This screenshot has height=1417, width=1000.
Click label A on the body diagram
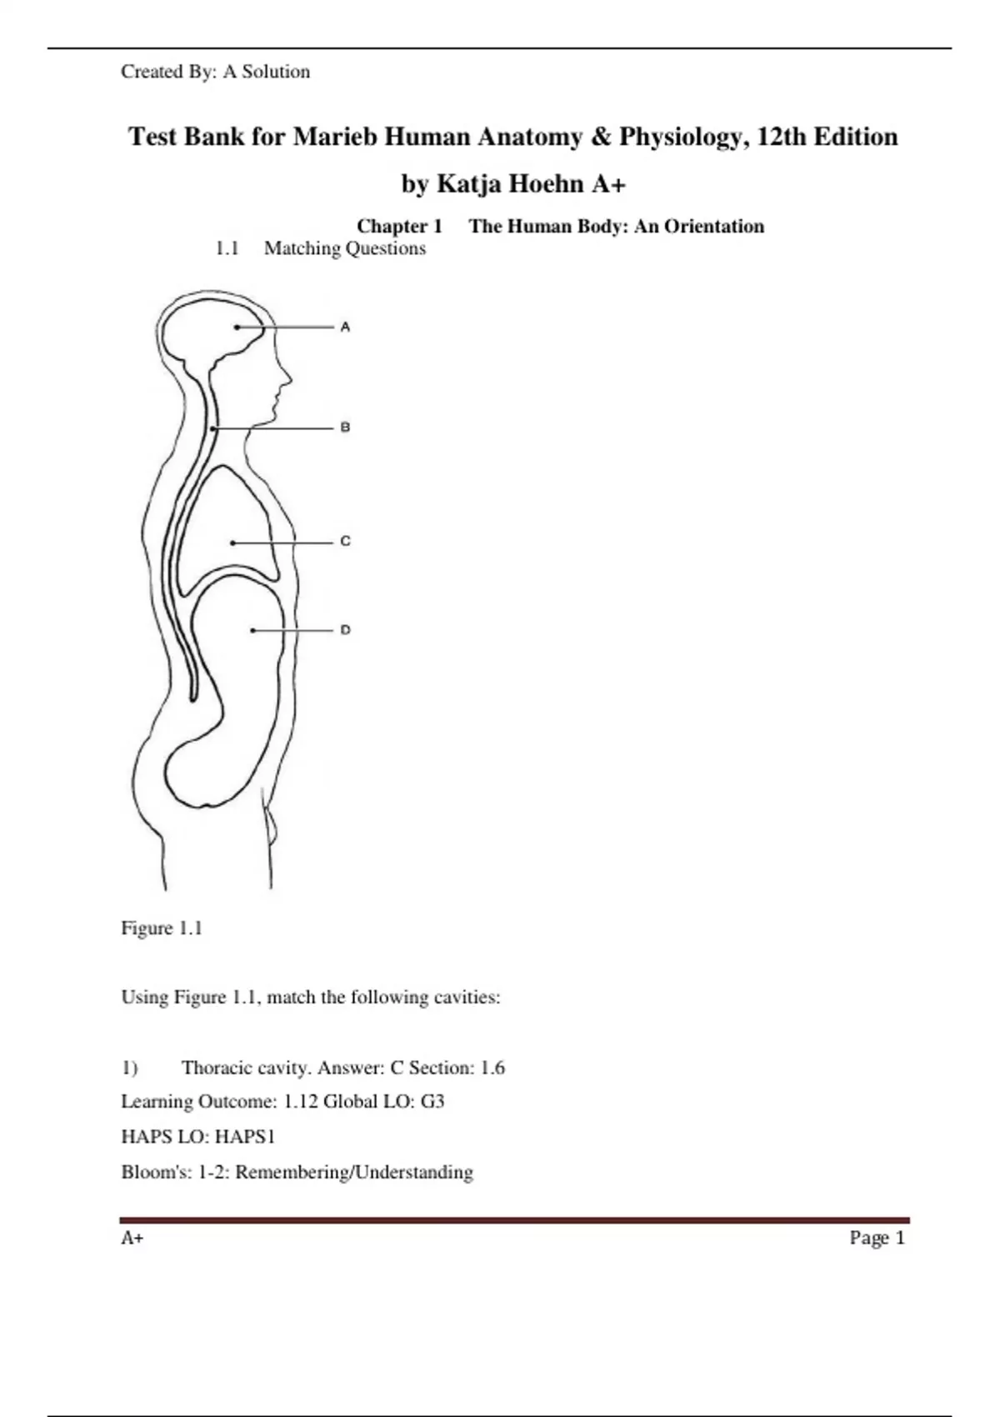[x=345, y=328]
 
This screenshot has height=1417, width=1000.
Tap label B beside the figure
[x=345, y=428]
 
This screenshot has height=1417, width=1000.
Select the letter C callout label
[x=345, y=542]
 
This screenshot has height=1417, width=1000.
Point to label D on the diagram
[x=345, y=630]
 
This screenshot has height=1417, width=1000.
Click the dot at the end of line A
[x=237, y=328]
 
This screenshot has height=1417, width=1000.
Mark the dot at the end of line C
[x=232, y=543]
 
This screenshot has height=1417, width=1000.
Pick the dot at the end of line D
[x=253, y=631]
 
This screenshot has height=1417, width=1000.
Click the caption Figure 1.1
[x=162, y=929]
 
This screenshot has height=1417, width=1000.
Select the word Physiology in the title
[x=678, y=137]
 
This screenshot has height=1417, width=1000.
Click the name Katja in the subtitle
[x=468, y=183]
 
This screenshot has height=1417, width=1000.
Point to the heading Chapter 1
[x=399, y=227]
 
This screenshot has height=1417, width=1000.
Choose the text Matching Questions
[x=344, y=248]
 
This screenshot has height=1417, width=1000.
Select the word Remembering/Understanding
[x=354, y=1172]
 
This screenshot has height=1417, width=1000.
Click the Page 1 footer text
[x=877, y=1238]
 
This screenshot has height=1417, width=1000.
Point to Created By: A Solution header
[x=215, y=72]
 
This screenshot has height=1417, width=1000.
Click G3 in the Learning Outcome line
[x=432, y=1102]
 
